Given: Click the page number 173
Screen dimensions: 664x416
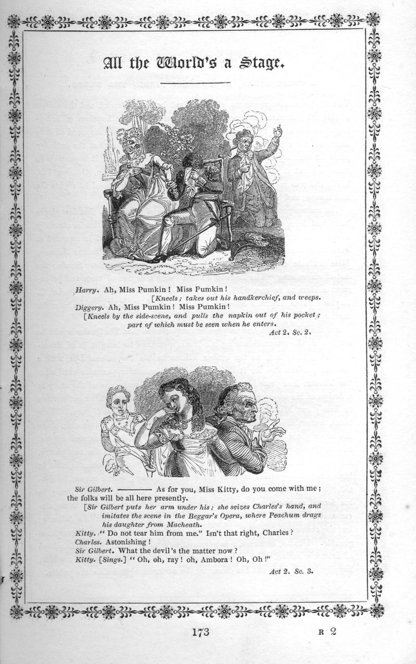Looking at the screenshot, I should click(200, 632).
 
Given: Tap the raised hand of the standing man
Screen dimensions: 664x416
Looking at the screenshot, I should click(277, 131).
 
